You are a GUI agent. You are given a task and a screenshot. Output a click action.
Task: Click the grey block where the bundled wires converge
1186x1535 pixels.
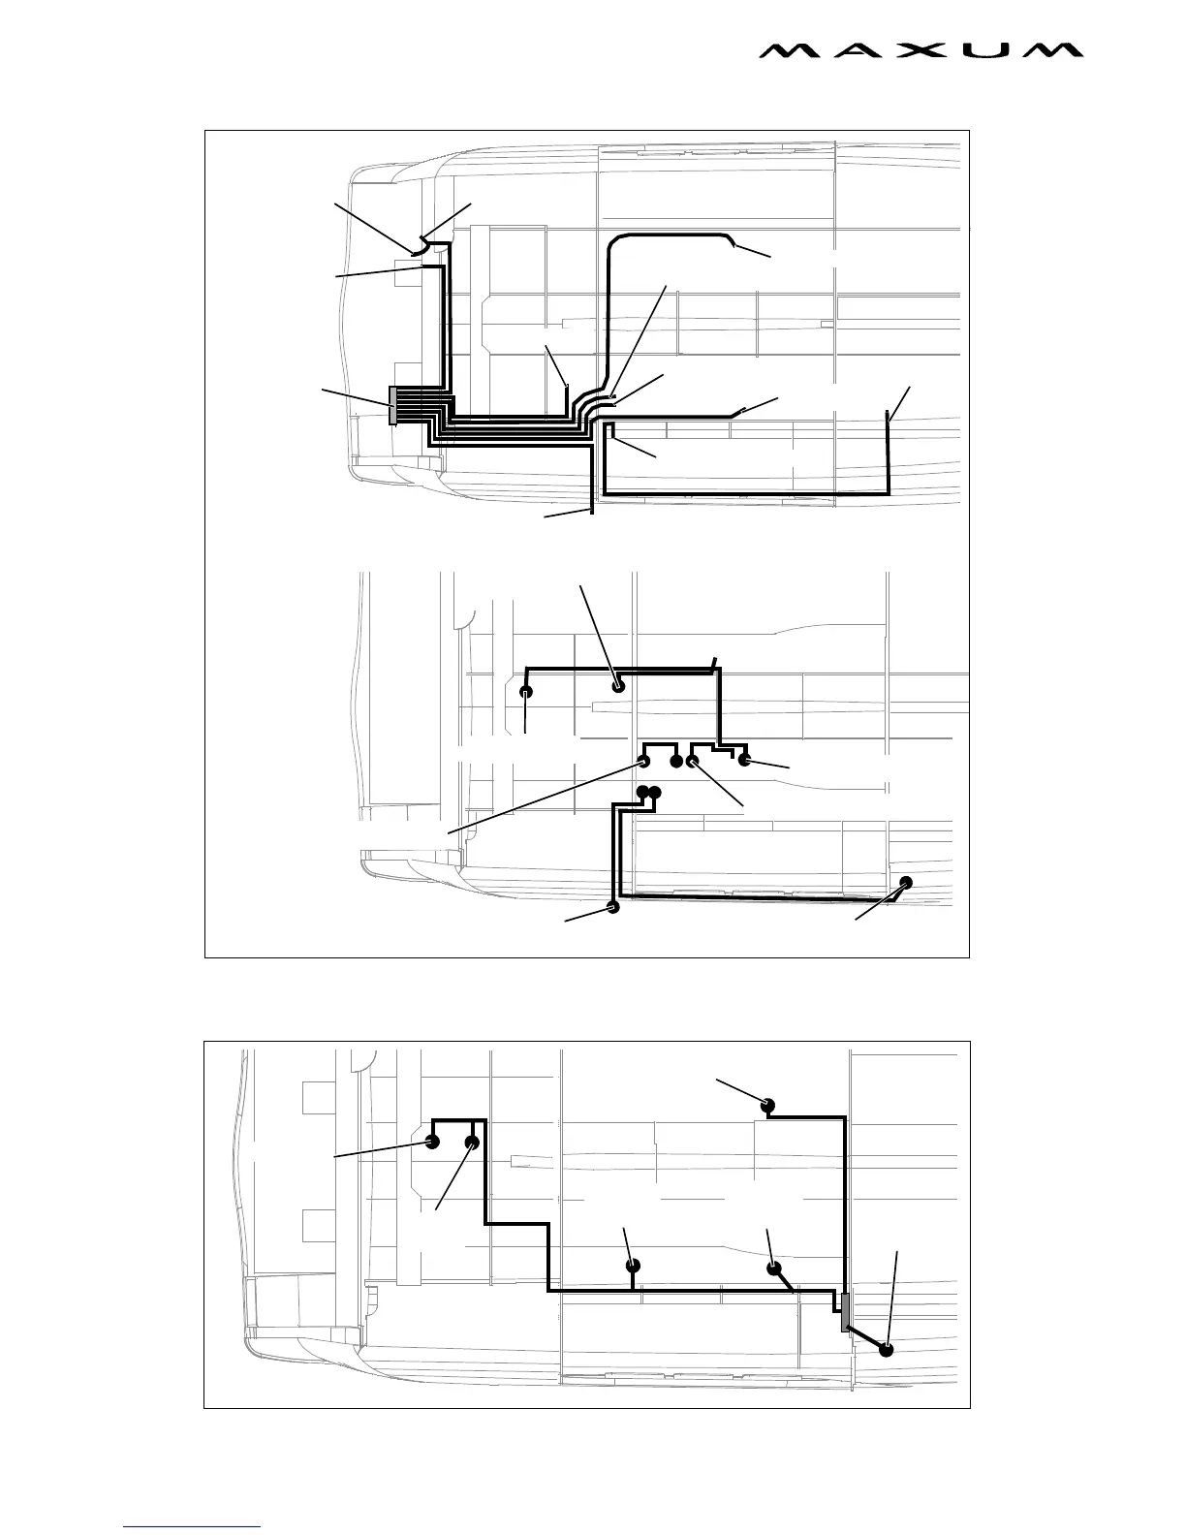pyautogui.click(x=392, y=405)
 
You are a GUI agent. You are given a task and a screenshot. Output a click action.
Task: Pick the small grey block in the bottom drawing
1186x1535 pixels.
pyautogui.click(x=845, y=1311)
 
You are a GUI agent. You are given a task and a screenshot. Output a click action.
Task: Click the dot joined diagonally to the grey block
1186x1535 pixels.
pyautogui.click(x=886, y=1350)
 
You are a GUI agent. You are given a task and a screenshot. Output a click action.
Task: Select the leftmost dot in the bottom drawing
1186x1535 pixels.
pyautogui.click(x=433, y=1142)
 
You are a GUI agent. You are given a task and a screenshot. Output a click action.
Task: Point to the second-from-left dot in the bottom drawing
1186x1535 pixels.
pyautogui.click(x=472, y=1143)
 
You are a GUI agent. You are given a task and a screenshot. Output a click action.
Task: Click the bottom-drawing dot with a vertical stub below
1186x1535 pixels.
pyautogui.click(x=633, y=1265)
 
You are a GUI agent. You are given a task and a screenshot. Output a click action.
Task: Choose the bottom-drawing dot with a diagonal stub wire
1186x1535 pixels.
pyautogui.click(x=774, y=1268)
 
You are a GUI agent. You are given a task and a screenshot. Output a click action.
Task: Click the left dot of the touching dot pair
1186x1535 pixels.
pyautogui.click(x=642, y=794)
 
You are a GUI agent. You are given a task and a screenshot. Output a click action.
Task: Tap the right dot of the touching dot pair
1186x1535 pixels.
pyautogui.click(x=655, y=794)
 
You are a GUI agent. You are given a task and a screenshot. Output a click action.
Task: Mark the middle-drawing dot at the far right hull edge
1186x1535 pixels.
pyautogui.click(x=906, y=882)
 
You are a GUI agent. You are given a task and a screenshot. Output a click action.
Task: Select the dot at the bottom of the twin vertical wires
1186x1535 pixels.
pyautogui.click(x=612, y=908)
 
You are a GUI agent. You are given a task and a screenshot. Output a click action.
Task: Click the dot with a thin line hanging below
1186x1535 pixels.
pyautogui.click(x=526, y=692)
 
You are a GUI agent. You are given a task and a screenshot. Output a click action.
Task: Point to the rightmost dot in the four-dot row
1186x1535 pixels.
pyautogui.click(x=745, y=760)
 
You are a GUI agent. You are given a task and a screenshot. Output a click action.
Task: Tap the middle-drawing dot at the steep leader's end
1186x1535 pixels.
pyautogui.click(x=618, y=686)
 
